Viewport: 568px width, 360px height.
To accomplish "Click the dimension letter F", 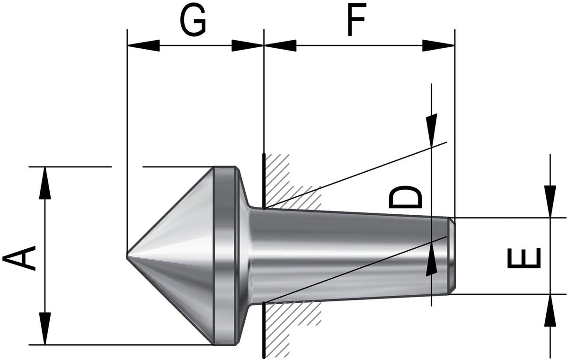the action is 357,20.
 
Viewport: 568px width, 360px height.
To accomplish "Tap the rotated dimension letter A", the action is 19,258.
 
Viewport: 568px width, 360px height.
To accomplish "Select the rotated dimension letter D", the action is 405,197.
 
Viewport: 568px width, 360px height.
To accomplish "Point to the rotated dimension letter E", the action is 524,258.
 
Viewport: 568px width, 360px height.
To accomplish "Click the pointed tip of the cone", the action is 127,255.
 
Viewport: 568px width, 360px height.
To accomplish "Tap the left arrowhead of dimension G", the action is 143,45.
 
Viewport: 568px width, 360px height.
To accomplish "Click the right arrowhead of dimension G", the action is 248,45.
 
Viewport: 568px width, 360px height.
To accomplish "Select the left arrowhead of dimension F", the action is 280,45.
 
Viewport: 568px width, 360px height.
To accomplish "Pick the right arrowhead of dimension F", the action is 438,45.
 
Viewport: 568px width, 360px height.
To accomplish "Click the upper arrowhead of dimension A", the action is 45,183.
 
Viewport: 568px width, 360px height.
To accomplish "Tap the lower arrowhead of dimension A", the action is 45,328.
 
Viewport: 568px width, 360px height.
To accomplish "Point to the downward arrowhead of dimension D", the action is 432,131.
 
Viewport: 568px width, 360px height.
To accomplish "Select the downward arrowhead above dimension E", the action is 550,202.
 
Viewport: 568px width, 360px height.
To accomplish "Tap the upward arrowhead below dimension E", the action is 550,310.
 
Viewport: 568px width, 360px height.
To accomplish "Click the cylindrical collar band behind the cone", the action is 224,255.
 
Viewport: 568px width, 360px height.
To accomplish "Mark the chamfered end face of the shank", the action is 452,255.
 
